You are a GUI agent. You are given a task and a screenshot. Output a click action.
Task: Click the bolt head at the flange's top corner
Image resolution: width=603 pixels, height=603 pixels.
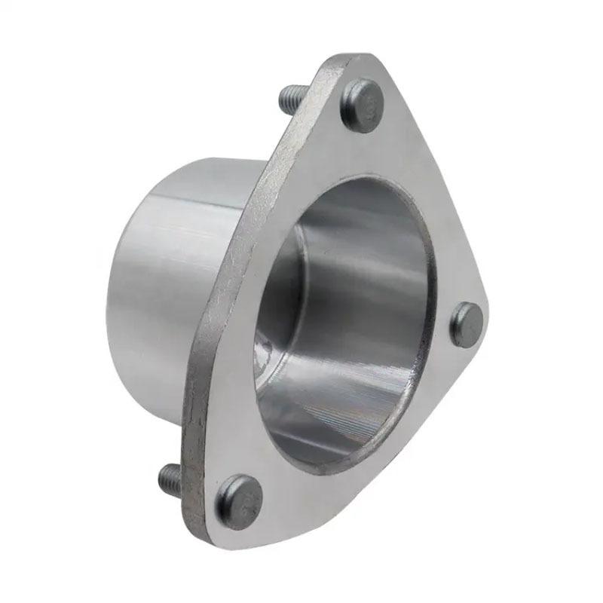click(x=362, y=106)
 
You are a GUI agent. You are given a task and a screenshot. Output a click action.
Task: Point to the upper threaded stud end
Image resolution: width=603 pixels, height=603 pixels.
click(x=289, y=96)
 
